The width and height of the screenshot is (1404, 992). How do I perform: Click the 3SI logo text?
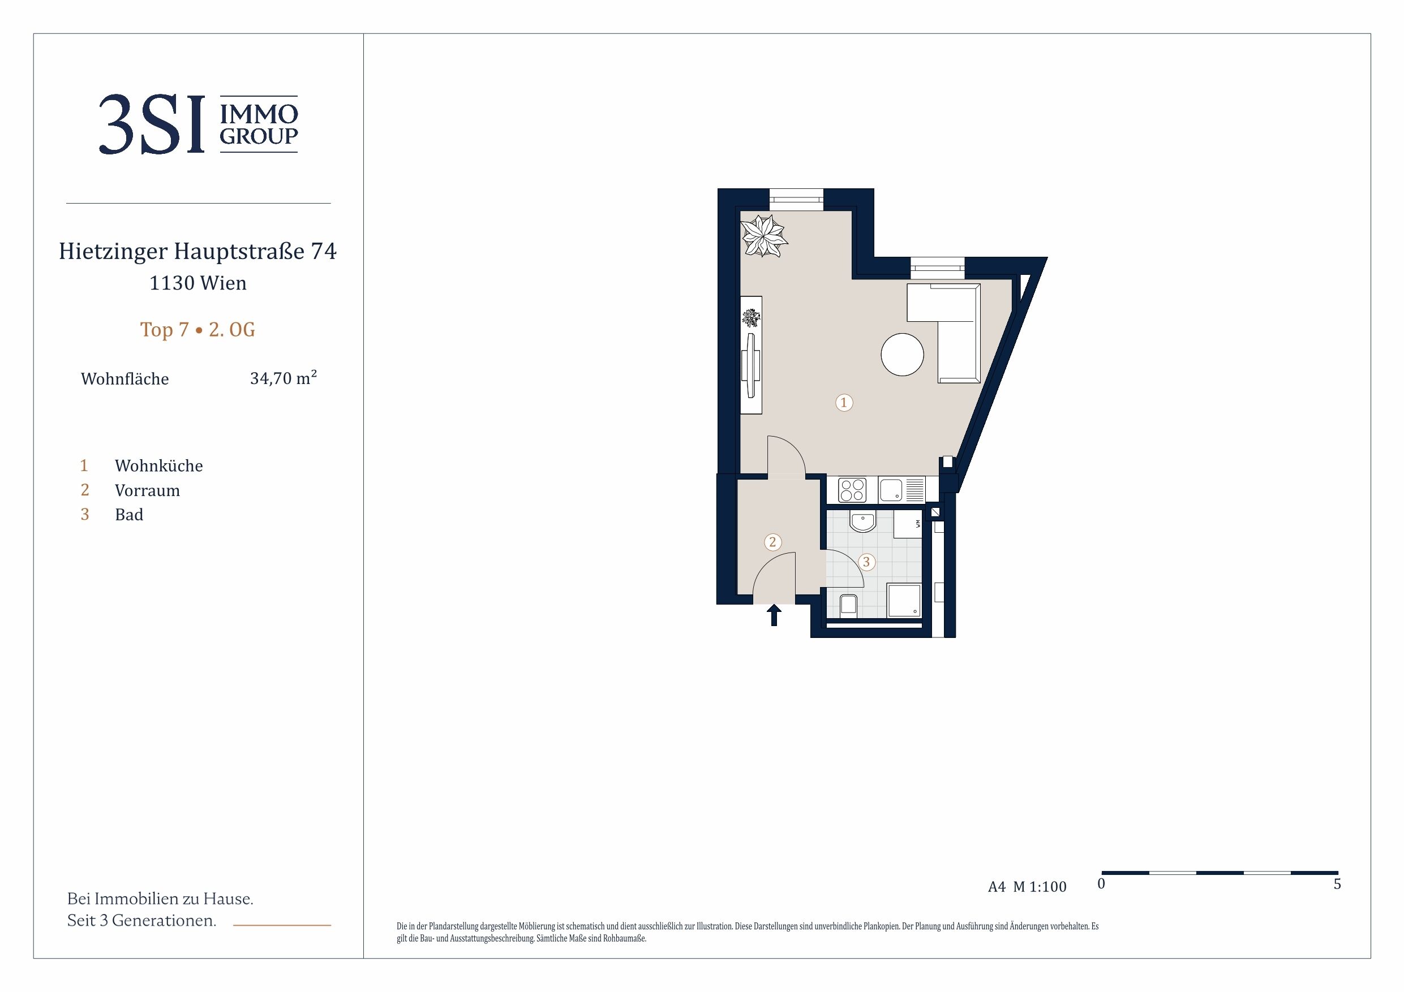coord(152,124)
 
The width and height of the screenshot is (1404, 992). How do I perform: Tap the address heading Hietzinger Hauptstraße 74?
coord(197,251)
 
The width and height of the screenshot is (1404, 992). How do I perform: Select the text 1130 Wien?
coord(198,283)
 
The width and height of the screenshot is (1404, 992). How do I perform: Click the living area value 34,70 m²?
coord(283,378)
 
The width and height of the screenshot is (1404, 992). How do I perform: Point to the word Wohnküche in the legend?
coord(159,466)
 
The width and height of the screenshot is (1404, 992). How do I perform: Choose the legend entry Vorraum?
coord(147,490)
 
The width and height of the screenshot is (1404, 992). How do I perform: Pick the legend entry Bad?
coord(129,515)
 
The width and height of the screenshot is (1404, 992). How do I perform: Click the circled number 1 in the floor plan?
coord(844,402)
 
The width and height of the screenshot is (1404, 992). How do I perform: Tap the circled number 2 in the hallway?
coord(772,542)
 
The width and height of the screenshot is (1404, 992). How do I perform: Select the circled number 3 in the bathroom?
coord(866,562)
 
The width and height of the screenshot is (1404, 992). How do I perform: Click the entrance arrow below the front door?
coord(774,615)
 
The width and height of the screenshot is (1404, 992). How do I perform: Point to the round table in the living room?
coord(902,354)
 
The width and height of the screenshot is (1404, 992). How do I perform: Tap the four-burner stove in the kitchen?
coord(852,490)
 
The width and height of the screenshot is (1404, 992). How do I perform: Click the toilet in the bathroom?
coord(848,604)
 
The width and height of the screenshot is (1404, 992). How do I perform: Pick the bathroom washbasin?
coord(862,522)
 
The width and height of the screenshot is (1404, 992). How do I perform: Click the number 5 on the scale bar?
coord(1337,884)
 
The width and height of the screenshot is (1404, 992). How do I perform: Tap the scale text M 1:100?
coord(1040,887)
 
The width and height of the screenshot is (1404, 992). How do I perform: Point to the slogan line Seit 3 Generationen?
coord(142,921)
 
